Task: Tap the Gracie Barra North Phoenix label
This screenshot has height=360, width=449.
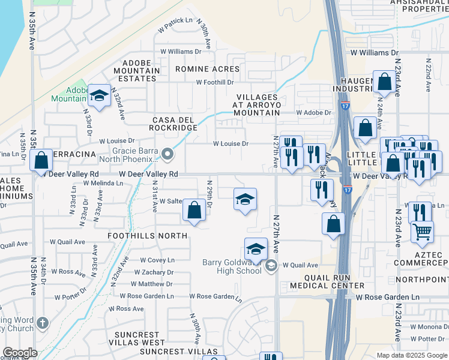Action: [x=136, y=155]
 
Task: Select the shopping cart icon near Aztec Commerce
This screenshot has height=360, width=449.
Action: [x=423, y=230]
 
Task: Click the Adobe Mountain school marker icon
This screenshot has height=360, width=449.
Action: [x=98, y=95]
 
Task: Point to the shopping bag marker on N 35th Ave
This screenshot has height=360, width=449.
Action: [x=41, y=160]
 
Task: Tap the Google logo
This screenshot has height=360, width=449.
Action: [x=20, y=352]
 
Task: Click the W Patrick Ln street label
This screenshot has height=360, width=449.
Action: [x=175, y=25]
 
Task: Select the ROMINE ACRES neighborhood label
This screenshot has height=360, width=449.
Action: [x=207, y=69]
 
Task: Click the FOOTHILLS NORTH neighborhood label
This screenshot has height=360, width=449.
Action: [x=148, y=236]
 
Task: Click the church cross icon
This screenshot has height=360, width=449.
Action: [x=41, y=323]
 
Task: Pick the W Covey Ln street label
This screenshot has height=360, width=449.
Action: [x=157, y=260]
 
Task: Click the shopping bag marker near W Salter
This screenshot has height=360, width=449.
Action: [x=194, y=211]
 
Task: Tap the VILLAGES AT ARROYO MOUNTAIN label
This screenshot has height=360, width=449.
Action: [x=256, y=104]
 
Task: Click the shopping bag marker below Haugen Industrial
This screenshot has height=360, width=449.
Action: [x=365, y=128]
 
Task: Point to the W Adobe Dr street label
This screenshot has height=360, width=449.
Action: [x=313, y=112]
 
